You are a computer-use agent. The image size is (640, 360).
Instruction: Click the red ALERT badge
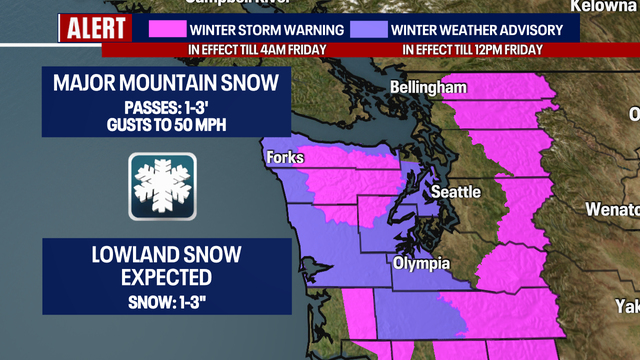pyautogui.click(x=95, y=29)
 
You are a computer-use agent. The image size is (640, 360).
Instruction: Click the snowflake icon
pyautogui.click(x=162, y=186)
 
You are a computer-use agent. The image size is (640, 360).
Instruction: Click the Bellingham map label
pyautogui.click(x=429, y=88)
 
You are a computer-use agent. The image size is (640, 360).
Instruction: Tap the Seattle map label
pyautogui.click(x=455, y=191)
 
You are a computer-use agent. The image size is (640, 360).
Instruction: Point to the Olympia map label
pyautogui.click(x=420, y=264)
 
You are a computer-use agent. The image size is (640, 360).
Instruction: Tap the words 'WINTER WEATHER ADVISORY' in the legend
pyautogui.click(x=478, y=29)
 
